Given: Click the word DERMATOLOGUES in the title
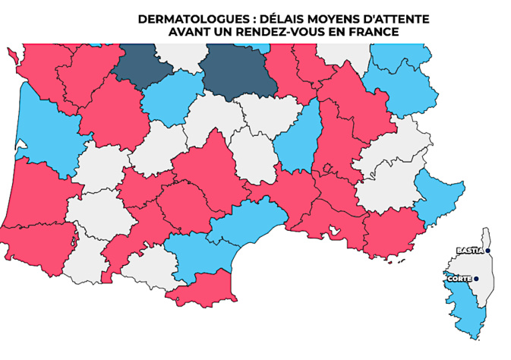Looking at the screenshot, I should (x=181, y=19).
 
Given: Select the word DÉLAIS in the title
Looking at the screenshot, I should (x=257, y=19).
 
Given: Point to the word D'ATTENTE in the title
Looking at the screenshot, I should (x=373, y=19).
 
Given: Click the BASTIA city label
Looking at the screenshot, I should (x=470, y=251).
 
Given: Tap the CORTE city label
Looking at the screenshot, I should (x=459, y=279).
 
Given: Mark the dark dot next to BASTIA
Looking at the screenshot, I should (x=488, y=251).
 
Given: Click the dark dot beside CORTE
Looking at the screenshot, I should (x=476, y=279).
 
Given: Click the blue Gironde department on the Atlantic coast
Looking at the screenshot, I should (x=46, y=137).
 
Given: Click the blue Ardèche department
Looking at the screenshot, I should (x=298, y=141).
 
